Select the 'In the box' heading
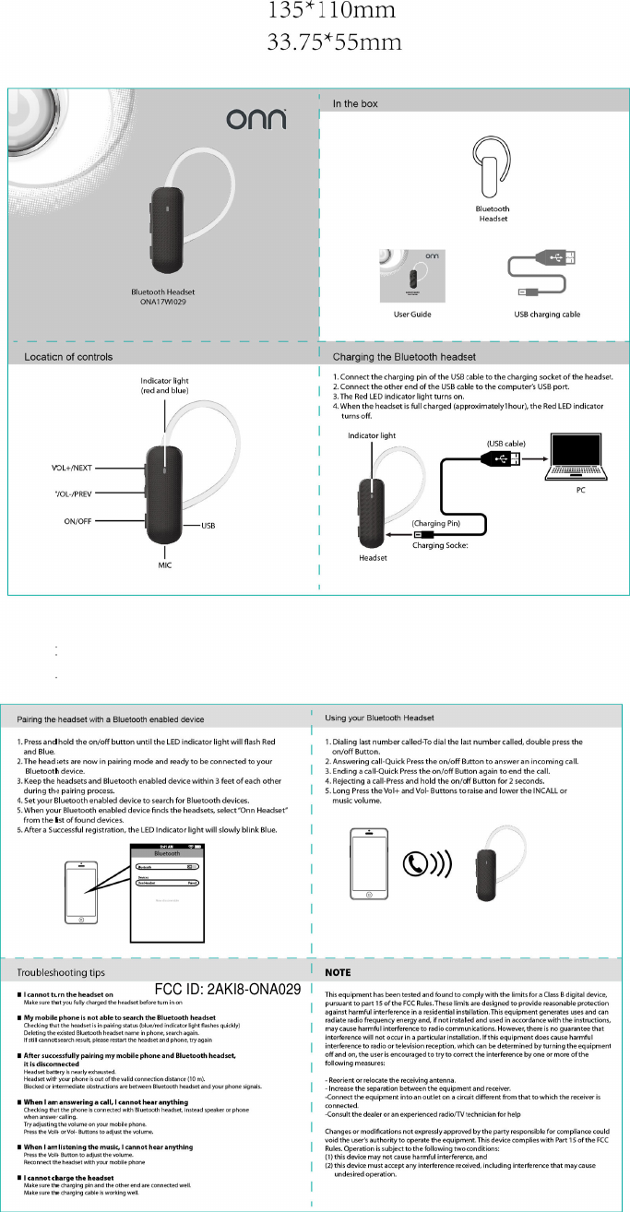pos(355,104)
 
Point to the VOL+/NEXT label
pos(79,468)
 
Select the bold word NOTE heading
pos(342,973)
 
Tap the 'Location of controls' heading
pos(69,356)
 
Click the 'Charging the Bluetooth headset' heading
pos(404,356)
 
